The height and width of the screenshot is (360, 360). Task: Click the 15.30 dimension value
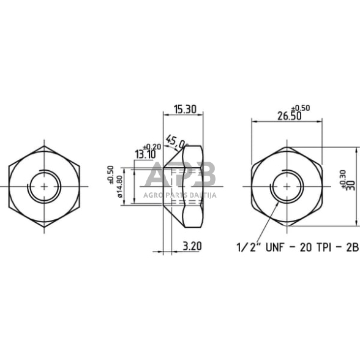pos(185,110)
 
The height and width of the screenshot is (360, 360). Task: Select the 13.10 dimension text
pos(145,154)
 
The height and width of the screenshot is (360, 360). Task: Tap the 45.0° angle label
pos(176,142)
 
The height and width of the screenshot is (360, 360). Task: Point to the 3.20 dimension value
pos(192,246)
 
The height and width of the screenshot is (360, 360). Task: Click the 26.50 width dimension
pos(289,116)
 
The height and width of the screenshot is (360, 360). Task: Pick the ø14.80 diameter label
pos(119,187)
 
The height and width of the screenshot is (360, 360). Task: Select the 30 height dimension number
pos(351,186)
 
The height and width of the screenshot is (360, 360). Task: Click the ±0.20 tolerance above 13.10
pos(152,147)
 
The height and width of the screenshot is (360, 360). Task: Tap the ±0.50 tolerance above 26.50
pos(301,108)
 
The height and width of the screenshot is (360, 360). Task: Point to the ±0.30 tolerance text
pos(343,179)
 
